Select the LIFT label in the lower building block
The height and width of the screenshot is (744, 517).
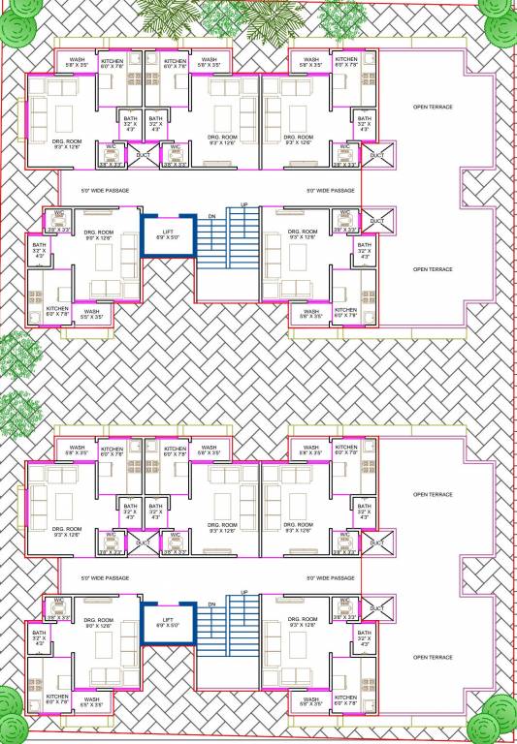pyautogui.click(x=168, y=621)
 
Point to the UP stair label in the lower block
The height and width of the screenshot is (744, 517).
pyautogui.click(x=243, y=592)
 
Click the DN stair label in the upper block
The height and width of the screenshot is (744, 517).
pyautogui.click(x=211, y=217)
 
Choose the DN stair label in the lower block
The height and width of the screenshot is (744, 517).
pyautogui.click(x=211, y=604)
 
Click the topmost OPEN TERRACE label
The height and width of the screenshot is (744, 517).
pyautogui.click(x=434, y=107)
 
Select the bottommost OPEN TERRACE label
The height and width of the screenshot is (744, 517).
pyautogui.click(x=434, y=657)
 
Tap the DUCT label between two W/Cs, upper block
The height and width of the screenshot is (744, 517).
pyautogui.click(x=144, y=155)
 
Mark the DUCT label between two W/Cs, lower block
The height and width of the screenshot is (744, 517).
pyautogui.click(x=144, y=542)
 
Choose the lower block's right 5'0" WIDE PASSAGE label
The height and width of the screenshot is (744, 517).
pyautogui.click(x=330, y=578)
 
